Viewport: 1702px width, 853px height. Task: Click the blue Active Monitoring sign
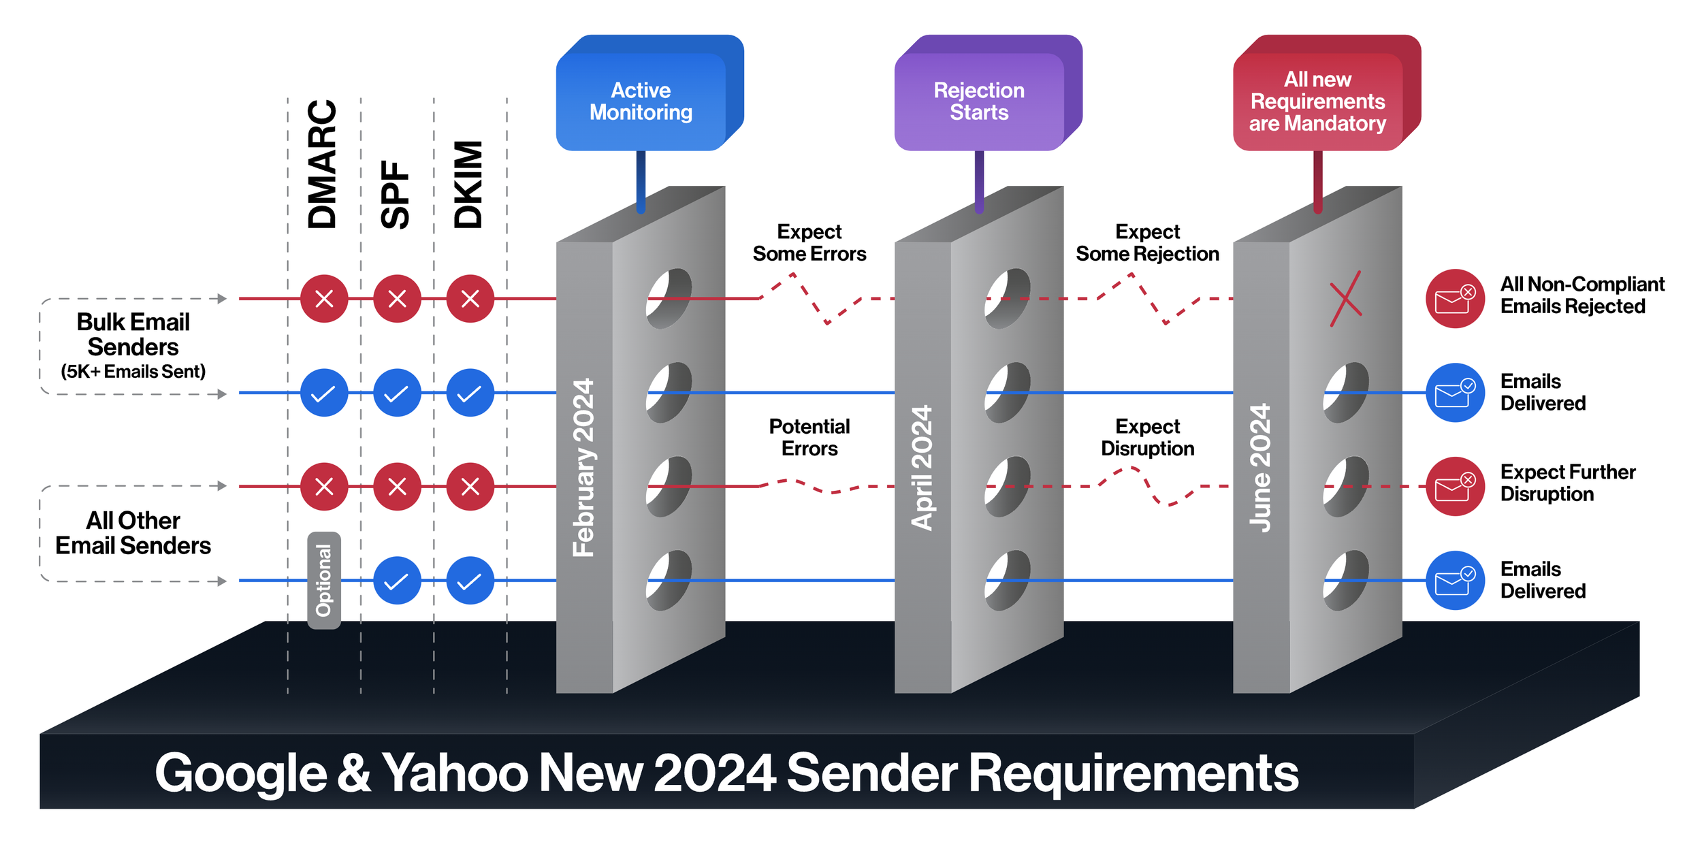pyautogui.click(x=641, y=101)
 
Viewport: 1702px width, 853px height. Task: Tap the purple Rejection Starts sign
pyautogui.click(x=979, y=101)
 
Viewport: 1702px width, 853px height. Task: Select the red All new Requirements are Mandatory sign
pyautogui.click(x=1317, y=101)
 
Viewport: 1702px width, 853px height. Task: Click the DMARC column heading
pyautogui.click(x=323, y=164)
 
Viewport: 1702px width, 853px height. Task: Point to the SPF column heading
pyautogui.click(x=396, y=195)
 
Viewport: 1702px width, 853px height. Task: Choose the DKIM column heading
pyautogui.click(x=468, y=184)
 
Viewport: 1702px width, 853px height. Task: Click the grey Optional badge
pyautogui.click(x=324, y=580)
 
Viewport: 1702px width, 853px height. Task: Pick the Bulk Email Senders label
pyautogui.click(x=133, y=334)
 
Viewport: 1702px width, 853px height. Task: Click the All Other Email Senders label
pyautogui.click(x=133, y=533)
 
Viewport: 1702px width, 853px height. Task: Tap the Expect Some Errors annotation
pyautogui.click(x=809, y=243)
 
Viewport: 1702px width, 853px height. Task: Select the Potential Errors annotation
pyautogui.click(x=809, y=437)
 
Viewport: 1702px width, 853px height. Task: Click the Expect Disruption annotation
pyautogui.click(x=1147, y=437)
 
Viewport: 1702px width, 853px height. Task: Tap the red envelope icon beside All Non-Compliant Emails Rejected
pyautogui.click(x=1455, y=299)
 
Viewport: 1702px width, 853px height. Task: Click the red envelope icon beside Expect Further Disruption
pyautogui.click(x=1455, y=486)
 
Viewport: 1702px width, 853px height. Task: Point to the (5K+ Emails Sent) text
pyautogui.click(x=133, y=372)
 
